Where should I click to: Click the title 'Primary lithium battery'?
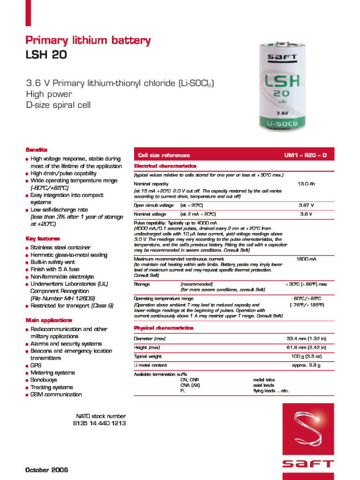88,41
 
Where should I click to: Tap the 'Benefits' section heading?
36,150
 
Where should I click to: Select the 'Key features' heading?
42,239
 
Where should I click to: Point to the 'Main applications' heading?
48,320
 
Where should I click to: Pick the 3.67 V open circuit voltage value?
306,205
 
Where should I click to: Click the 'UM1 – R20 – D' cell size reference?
305,155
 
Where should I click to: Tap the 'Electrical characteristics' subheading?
165,166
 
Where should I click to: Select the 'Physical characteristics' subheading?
164,328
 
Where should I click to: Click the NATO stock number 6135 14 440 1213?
99,423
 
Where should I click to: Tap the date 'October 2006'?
46,470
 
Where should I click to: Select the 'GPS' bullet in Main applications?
36,365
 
